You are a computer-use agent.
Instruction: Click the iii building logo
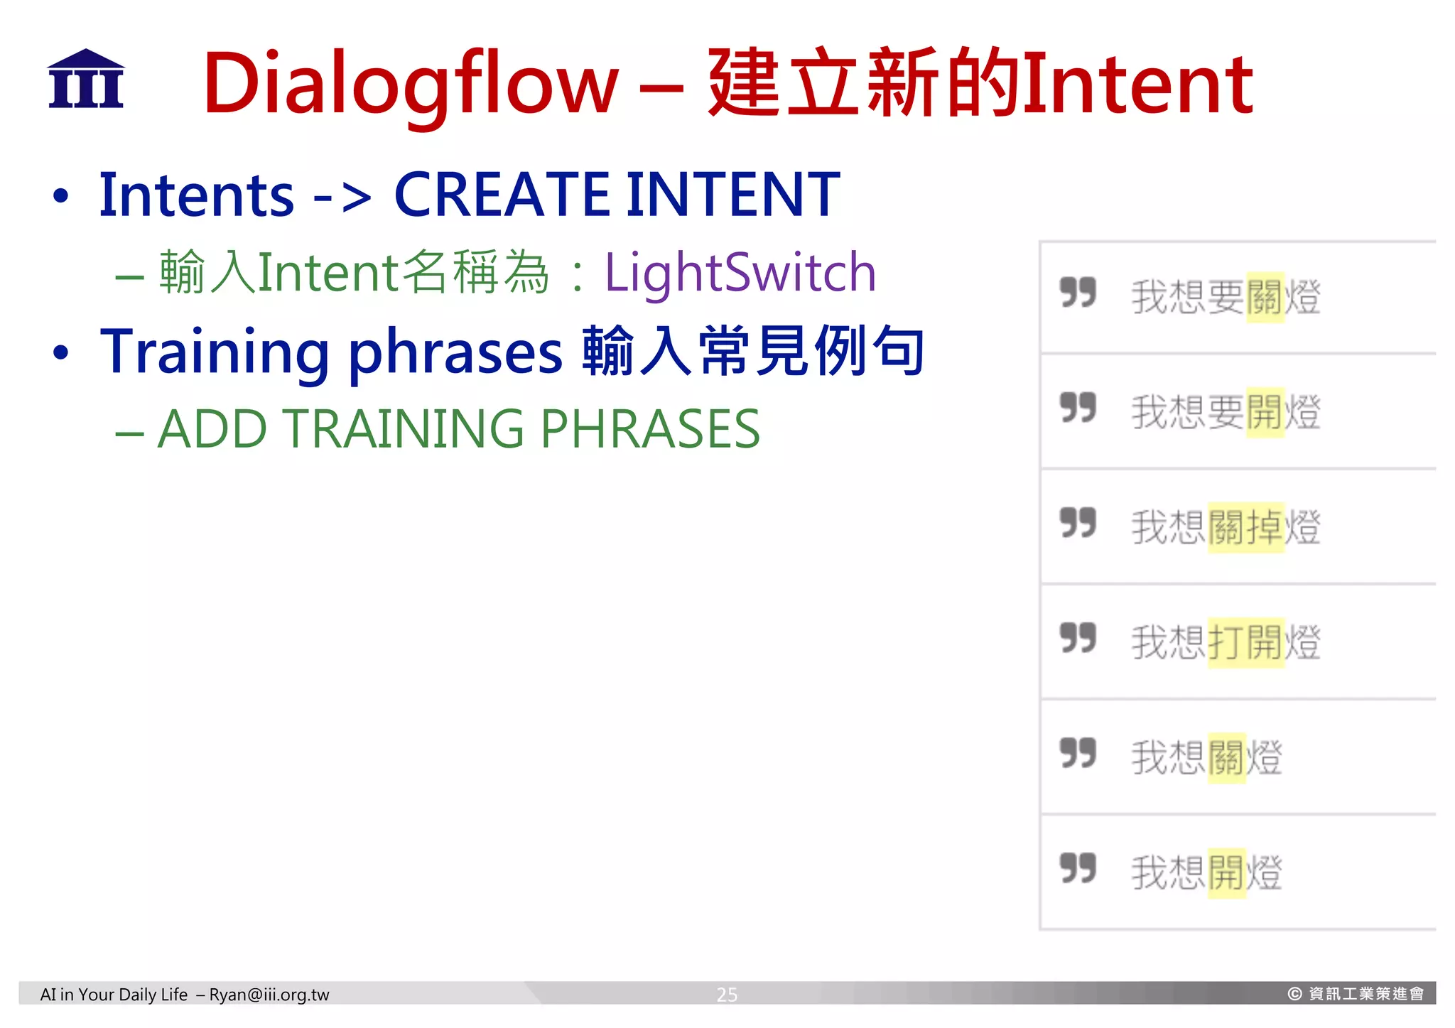click(86, 79)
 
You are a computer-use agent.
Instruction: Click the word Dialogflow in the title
click(411, 84)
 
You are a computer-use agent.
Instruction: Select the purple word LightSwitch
click(740, 273)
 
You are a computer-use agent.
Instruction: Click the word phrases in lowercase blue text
click(455, 352)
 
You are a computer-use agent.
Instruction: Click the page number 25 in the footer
click(726, 994)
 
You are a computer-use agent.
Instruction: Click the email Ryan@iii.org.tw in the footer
click(269, 994)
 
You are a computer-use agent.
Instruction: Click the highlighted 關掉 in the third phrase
click(1246, 527)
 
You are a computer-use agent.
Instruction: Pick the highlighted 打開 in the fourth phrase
click(1246, 642)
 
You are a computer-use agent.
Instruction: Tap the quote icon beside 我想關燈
click(1078, 752)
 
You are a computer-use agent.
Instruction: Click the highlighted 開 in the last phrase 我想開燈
click(1227, 872)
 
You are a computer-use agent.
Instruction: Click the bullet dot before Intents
click(61, 196)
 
